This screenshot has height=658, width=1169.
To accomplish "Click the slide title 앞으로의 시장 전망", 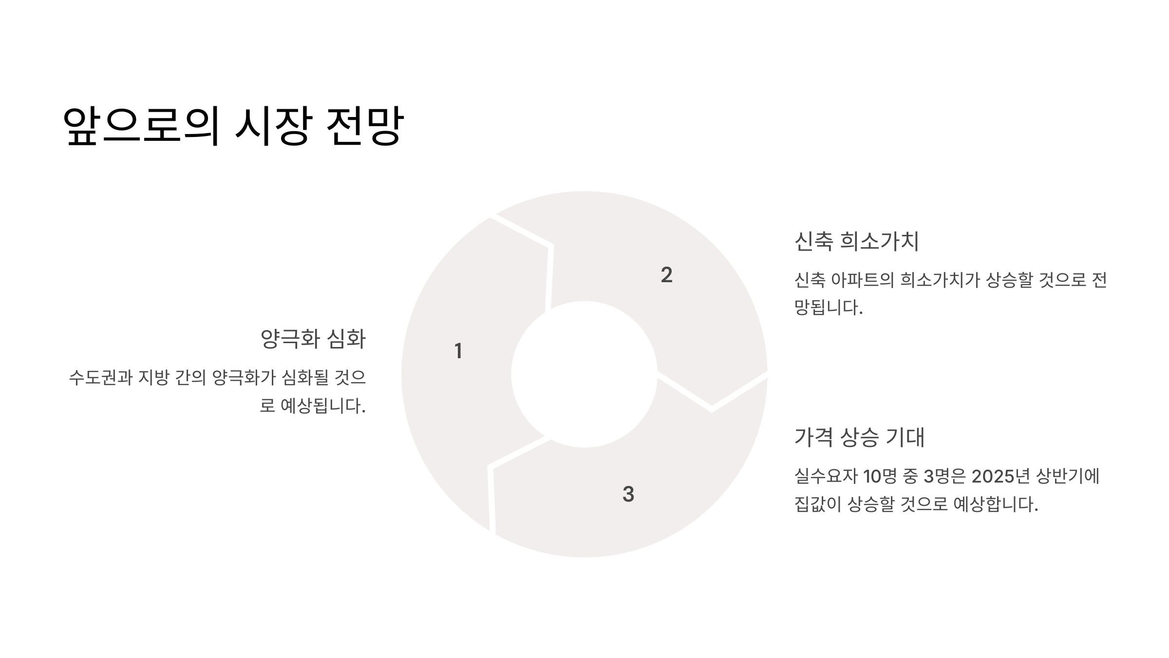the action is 233,126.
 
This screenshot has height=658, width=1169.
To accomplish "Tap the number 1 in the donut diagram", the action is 458,351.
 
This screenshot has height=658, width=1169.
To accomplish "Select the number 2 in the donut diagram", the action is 666,275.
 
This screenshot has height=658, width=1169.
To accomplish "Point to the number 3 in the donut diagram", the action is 628,494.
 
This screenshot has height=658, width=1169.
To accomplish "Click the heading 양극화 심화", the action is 313,339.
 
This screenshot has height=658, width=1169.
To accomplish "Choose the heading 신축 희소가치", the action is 856,241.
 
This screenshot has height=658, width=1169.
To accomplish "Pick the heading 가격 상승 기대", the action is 859,437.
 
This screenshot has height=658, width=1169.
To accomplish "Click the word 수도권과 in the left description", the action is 100,378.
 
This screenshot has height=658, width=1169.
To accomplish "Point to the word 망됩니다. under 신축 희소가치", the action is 828,308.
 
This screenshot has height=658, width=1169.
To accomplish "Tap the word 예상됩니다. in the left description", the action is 323,406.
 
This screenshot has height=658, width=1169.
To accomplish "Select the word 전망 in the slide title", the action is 364,126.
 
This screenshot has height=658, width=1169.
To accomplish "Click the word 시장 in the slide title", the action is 272,126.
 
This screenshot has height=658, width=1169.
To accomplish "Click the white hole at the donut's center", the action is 584,374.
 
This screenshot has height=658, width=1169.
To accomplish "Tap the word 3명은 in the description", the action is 944,476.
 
